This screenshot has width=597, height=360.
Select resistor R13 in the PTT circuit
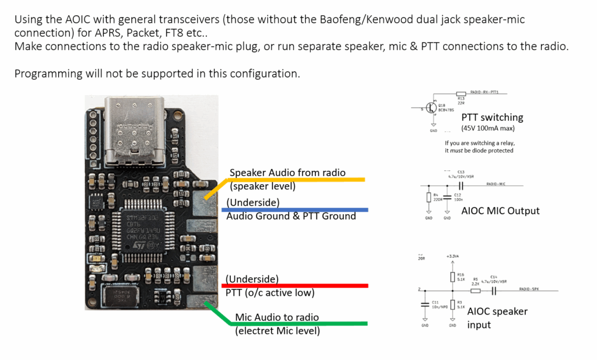click(461, 93)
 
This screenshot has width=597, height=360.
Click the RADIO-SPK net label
click(531, 289)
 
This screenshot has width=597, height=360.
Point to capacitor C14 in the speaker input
click(494, 290)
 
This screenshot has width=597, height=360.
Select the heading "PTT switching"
click(492, 117)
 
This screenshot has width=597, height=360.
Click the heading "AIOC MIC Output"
click(500, 211)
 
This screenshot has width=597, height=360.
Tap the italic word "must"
click(463, 151)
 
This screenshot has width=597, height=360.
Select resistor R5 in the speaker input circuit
click(476, 289)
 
